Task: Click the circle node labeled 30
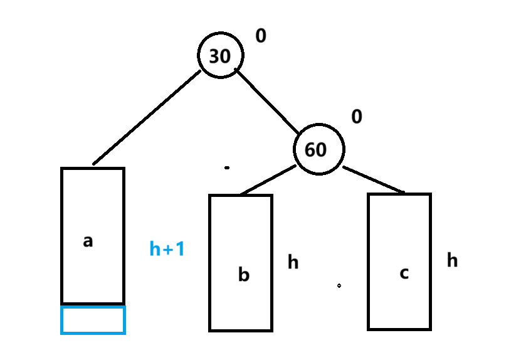coord(221,55)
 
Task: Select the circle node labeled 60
coord(319,149)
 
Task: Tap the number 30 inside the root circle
coord(219,56)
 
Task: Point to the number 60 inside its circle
coord(315,150)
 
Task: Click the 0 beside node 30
coord(261,35)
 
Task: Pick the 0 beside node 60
coord(357,117)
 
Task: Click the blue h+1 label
coord(167,248)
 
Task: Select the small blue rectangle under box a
coord(93,320)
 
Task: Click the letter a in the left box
coord(88,241)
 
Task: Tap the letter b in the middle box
coord(244,275)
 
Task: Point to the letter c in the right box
coord(404,273)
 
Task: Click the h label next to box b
coord(293,262)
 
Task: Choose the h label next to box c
coord(452,260)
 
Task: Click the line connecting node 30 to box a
coord(147,117)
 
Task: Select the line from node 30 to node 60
coord(267,101)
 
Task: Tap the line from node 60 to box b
coord(268,179)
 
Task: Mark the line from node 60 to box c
coord(374,179)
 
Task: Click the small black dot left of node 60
coord(227,168)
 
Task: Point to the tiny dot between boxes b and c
coord(339,285)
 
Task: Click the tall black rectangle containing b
coord(241,263)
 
